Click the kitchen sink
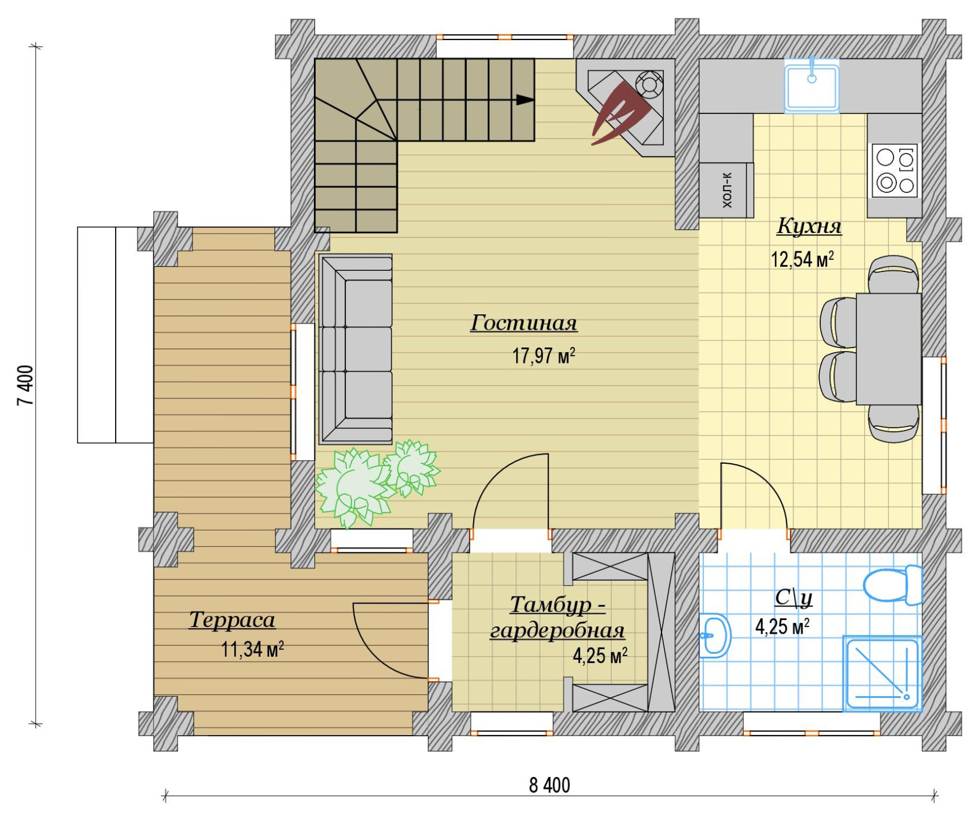[x=811, y=85]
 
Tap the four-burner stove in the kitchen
[x=895, y=171]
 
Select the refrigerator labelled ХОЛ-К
[x=726, y=190]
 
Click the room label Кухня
[x=809, y=226]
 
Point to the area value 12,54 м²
[x=802, y=259]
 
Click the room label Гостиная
[x=524, y=323]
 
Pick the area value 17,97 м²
[x=543, y=356]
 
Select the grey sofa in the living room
[x=356, y=349]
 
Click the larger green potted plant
[x=352, y=487]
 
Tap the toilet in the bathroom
[x=892, y=585]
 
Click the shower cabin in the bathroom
[x=882, y=673]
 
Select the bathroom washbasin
[x=715, y=635]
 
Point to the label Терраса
[x=232, y=620]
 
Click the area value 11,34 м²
[x=253, y=649]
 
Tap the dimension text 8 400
[x=549, y=785]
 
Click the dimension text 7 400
[x=26, y=385]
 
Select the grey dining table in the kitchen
[x=888, y=349]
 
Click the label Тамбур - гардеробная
[x=557, y=618]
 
